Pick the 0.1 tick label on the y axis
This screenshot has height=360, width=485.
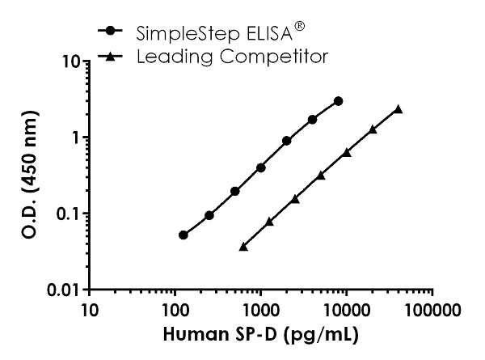click(x=69, y=214)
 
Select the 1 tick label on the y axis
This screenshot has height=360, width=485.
click(x=76, y=138)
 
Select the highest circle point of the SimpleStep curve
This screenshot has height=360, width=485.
click(x=338, y=101)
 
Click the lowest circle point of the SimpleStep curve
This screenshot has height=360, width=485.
click(x=183, y=235)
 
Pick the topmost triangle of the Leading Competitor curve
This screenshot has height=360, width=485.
click(x=398, y=108)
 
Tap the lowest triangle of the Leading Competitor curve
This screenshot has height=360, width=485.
click(x=243, y=247)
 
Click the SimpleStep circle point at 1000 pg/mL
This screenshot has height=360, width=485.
click(x=260, y=167)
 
